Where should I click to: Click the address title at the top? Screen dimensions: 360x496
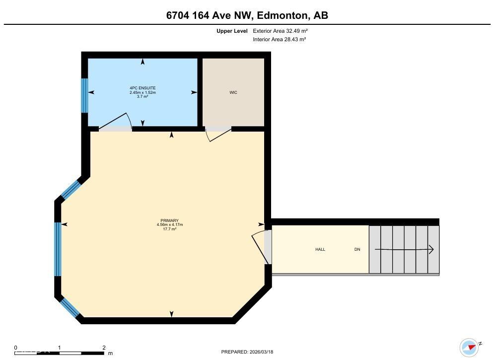tap(247, 15)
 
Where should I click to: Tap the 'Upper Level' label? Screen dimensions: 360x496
tap(231, 31)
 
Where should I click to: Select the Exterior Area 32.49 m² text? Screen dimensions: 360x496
tap(281, 31)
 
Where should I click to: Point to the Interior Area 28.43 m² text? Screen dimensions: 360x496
tap(280, 39)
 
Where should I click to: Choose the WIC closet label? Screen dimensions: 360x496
tap(233, 92)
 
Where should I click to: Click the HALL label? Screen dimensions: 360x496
tap(320, 249)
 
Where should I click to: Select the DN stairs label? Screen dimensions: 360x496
tap(357, 249)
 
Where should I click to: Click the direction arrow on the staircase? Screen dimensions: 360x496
tap(404, 249)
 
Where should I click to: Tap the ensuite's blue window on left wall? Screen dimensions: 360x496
tap(84, 95)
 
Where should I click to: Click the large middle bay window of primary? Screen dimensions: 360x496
tap(58, 249)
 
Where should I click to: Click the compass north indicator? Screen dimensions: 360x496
tap(469, 347)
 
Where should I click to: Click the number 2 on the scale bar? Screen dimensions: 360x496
tap(104, 348)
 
